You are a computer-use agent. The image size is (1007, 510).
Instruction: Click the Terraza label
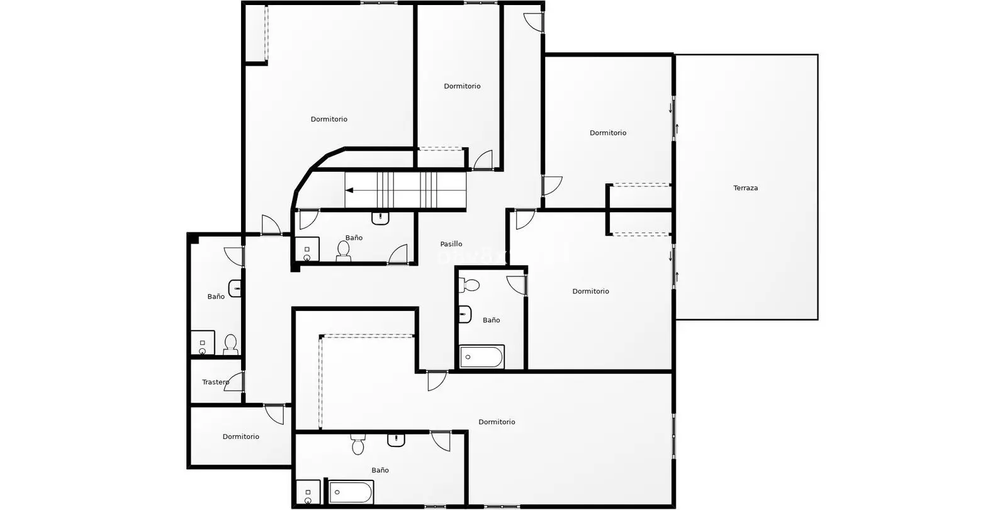click(745, 188)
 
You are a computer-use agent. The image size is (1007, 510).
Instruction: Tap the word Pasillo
click(451, 244)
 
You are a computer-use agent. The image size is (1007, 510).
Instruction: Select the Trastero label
click(215, 382)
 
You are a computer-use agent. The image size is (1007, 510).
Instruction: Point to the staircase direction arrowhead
click(349, 190)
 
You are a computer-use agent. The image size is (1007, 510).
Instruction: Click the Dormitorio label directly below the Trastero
click(240, 436)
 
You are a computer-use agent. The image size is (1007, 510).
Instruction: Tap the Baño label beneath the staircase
click(354, 237)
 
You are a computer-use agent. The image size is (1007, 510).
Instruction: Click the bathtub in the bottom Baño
click(351, 492)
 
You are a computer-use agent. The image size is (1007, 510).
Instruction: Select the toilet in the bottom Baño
click(358, 445)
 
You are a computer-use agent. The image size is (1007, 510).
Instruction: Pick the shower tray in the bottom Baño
click(308, 492)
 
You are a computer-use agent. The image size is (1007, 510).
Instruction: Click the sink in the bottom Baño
click(396, 440)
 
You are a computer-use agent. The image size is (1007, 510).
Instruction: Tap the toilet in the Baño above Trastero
click(230, 344)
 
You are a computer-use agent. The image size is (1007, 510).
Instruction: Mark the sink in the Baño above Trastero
click(235, 288)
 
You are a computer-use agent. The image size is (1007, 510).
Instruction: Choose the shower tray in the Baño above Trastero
click(203, 343)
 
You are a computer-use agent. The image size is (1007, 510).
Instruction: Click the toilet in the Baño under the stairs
click(344, 251)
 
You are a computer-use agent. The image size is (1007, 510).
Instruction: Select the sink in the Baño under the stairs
click(380, 218)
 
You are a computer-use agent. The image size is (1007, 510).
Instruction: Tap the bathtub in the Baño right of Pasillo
click(481, 356)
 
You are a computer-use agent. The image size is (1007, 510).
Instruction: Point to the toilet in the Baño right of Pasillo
click(470, 285)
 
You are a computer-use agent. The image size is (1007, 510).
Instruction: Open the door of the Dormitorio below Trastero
click(274, 414)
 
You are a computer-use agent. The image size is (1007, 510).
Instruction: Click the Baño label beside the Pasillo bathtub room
click(491, 320)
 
